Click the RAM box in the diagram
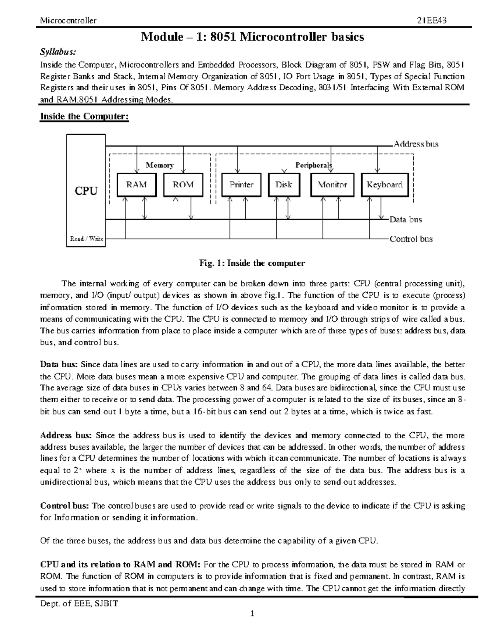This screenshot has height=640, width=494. tap(136, 185)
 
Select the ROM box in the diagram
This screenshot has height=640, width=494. tap(183, 185)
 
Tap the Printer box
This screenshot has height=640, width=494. tap(241, 185)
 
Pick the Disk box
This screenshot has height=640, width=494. tap(284, 185)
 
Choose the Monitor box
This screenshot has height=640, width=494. tap(332, 185)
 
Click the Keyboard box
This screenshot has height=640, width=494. tap(384, 185)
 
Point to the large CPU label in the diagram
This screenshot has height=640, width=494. tap(86, 191)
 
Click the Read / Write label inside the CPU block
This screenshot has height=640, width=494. tap(86, 239)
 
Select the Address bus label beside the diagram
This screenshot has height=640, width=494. tap(416, 144)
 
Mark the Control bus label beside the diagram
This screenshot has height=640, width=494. tap(411, 239)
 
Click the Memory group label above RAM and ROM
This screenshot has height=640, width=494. tap(160, 165)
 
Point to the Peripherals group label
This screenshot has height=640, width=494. tap(313, 165)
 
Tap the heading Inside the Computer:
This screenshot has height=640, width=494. tap(84, 117)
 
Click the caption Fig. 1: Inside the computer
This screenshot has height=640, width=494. tap(252, 263)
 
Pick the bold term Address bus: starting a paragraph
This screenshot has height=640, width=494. tap(66, 436)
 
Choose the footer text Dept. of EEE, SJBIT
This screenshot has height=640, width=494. tap(79, 604)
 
